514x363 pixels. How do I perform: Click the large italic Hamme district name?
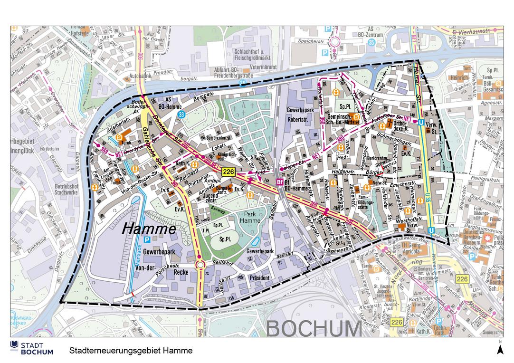tap(149, 229)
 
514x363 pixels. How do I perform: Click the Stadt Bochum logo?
tap(32, 348)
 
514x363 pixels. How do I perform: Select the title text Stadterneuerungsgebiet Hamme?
tap(131, 351)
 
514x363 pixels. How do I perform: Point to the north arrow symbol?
tap(500, 349)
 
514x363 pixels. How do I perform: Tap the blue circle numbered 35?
tap(371, 43)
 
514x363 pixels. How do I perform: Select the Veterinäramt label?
tap(263, 67)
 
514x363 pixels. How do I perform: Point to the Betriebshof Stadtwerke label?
tap(67, 190)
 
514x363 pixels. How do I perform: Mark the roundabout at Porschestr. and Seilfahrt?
tap(200, 265)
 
